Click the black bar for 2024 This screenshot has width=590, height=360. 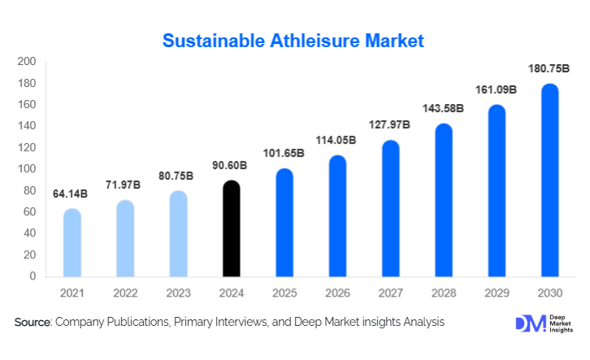232,228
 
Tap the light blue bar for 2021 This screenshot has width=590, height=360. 72,243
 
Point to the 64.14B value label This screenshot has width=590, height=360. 72,195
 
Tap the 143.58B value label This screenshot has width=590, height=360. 444,108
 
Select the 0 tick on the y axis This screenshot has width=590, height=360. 33,276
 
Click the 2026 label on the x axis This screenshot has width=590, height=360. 337,292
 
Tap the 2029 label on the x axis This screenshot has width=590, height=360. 497,292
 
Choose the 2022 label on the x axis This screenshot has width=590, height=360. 125,292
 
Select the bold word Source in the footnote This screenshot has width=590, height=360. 33,323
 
